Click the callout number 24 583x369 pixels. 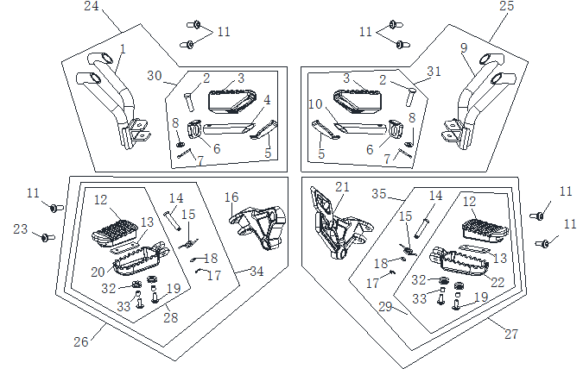tap(92, 7)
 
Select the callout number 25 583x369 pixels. tap(508, 7)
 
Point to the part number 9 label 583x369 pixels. tap(464, 47)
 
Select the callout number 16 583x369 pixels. tap(231, 197)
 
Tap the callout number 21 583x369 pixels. tap(343, 188)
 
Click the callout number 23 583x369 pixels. tap(21, 229)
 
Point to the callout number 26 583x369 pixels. tap(80, 342)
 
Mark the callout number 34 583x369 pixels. tap(257, 272)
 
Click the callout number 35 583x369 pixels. tap(377, 194)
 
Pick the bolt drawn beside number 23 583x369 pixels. tap(48, 236)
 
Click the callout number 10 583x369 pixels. tap(317, 104)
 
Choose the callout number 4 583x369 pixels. tap(268, 100)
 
